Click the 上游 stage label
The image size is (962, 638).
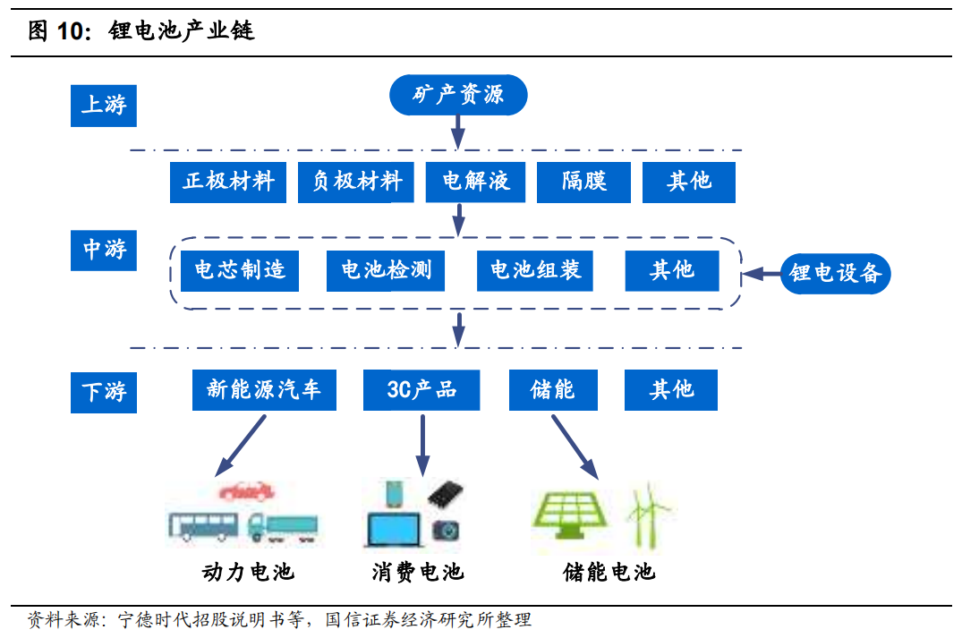coord(104,106)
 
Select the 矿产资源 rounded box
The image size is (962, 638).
coord(458,95)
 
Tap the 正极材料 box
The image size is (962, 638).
coord(228,183)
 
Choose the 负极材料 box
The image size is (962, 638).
coord(356,183)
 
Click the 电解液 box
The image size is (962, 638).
coord(475,183)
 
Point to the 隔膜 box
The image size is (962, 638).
coord(583,183)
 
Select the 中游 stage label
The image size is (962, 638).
coord(104,251)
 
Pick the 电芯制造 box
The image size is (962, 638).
coord(240,270)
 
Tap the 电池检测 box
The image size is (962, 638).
coord(386,270)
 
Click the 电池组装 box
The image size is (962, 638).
coord(535,270)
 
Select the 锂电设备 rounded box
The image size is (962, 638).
coord(835,274)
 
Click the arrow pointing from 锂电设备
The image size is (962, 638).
coord(761,274)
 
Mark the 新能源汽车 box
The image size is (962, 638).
coord(264,389)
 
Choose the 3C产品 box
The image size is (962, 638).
coord(421,389)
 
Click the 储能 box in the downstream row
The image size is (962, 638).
coord(553,389)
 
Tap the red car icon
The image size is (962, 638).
coord(246,490)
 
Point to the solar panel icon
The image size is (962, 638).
coord(571,515)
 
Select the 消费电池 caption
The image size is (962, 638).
coord(418,572)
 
